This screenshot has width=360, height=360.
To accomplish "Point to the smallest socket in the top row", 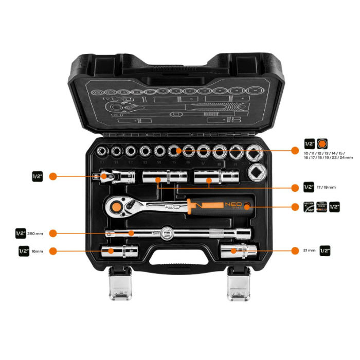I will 103,151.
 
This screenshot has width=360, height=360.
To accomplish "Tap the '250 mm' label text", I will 39,233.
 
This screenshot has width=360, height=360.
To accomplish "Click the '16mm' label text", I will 37,251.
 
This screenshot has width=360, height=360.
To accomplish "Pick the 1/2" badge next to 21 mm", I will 325,250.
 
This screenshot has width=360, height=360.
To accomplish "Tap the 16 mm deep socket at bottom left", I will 116,250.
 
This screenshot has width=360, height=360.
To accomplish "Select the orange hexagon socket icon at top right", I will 322,144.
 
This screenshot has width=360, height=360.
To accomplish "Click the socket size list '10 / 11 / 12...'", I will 328,156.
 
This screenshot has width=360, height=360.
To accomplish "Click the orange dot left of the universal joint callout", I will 52,176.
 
